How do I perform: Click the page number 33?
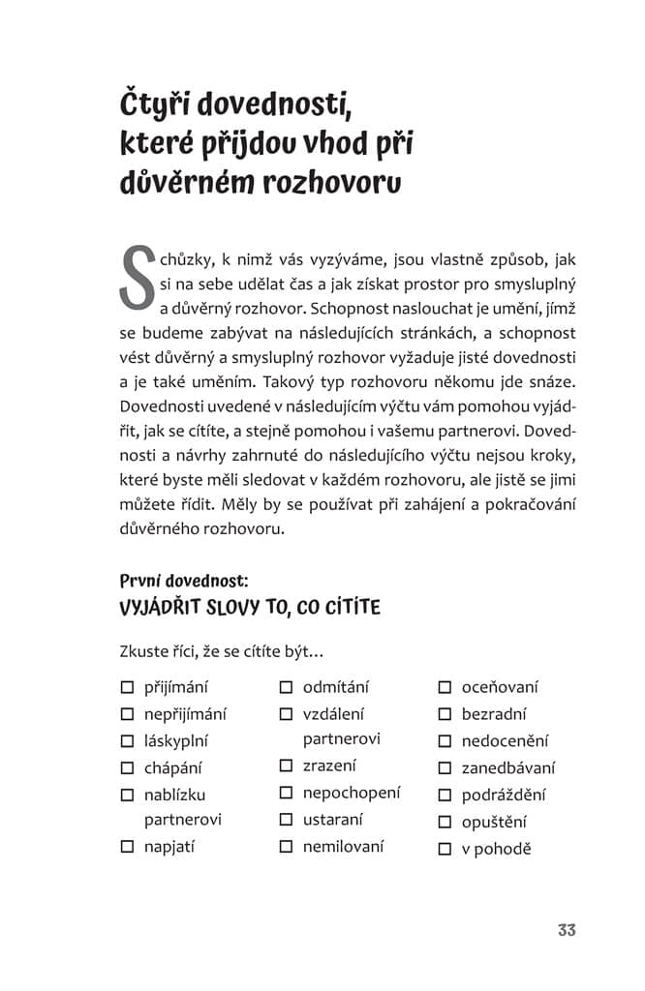[x=567, y=930]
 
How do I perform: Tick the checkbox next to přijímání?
[x=127, y=688]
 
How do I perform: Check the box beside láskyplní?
[x=127, y=741]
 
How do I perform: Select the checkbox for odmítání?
[x=286, y=688]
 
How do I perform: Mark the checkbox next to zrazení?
[x=286, y=766]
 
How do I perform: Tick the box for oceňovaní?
[x=445, y=688]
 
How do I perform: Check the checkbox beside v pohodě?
[x=445, y=850]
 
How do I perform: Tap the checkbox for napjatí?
[x=127, y=847]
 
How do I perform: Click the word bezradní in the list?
[x=494, y=714]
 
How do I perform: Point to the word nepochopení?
[x=351, y=793]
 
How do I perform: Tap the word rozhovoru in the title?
[x=331, y=184]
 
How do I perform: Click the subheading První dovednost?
[x=184, y=582]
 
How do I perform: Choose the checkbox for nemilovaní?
[x=286, y=847]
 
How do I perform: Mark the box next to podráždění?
[x=445, y=796]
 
